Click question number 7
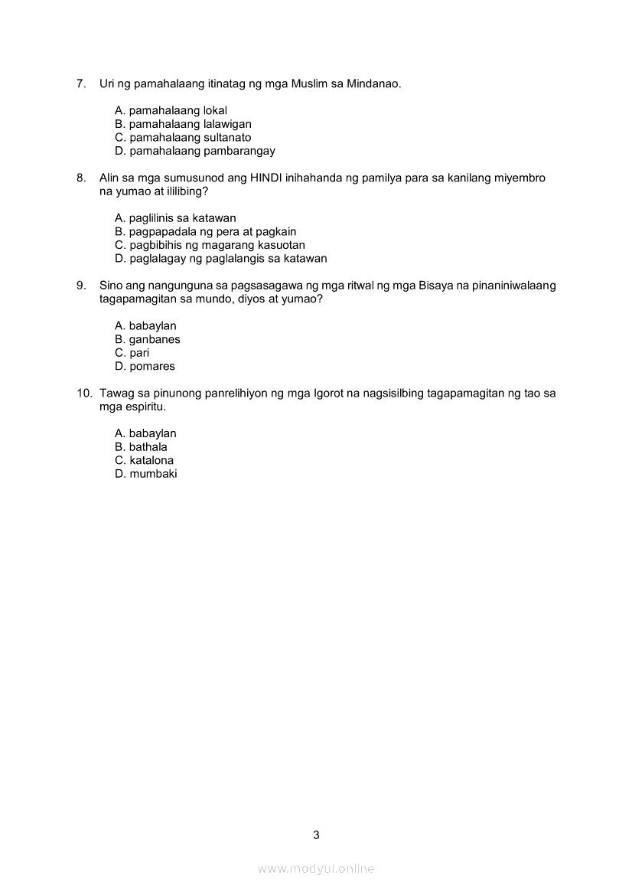[x=81, y=83]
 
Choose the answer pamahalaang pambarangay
[x=195, y=151]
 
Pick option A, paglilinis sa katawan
[x=175, y=218]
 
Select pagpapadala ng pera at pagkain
[x=205, y=231]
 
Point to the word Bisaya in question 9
[x=435, y=286]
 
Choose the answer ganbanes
[x=148, y=339]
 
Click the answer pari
[x=132, y=353]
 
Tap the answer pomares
[x=145, y=366]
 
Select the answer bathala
[x=141, y=447]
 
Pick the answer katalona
[x=145, y=460]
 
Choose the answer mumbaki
[x=146, y=474]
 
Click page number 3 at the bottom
[x=316, y=835]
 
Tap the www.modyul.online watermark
[x=315, y=868]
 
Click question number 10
[x=83, y=394]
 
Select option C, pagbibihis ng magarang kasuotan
[x=210, y=245]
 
